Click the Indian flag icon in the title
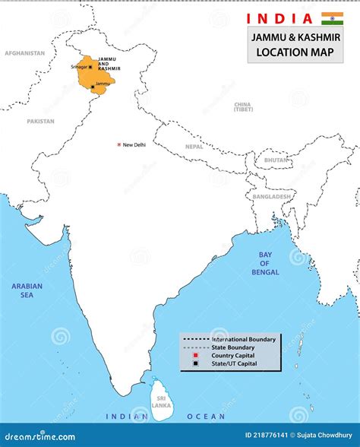point(332,18)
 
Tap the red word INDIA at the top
point(279,18)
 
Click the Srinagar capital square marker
point(91,68)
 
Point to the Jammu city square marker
point(93,87)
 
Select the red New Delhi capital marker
point(118,144)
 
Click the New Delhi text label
point(134,144)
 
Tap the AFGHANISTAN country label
point(25,53)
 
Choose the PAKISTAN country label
point(40,121)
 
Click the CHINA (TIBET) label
point(243,106)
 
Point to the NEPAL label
point(194,147)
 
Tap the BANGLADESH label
point(272,196)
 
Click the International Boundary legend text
point(244,338)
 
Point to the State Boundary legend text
point(232,347)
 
